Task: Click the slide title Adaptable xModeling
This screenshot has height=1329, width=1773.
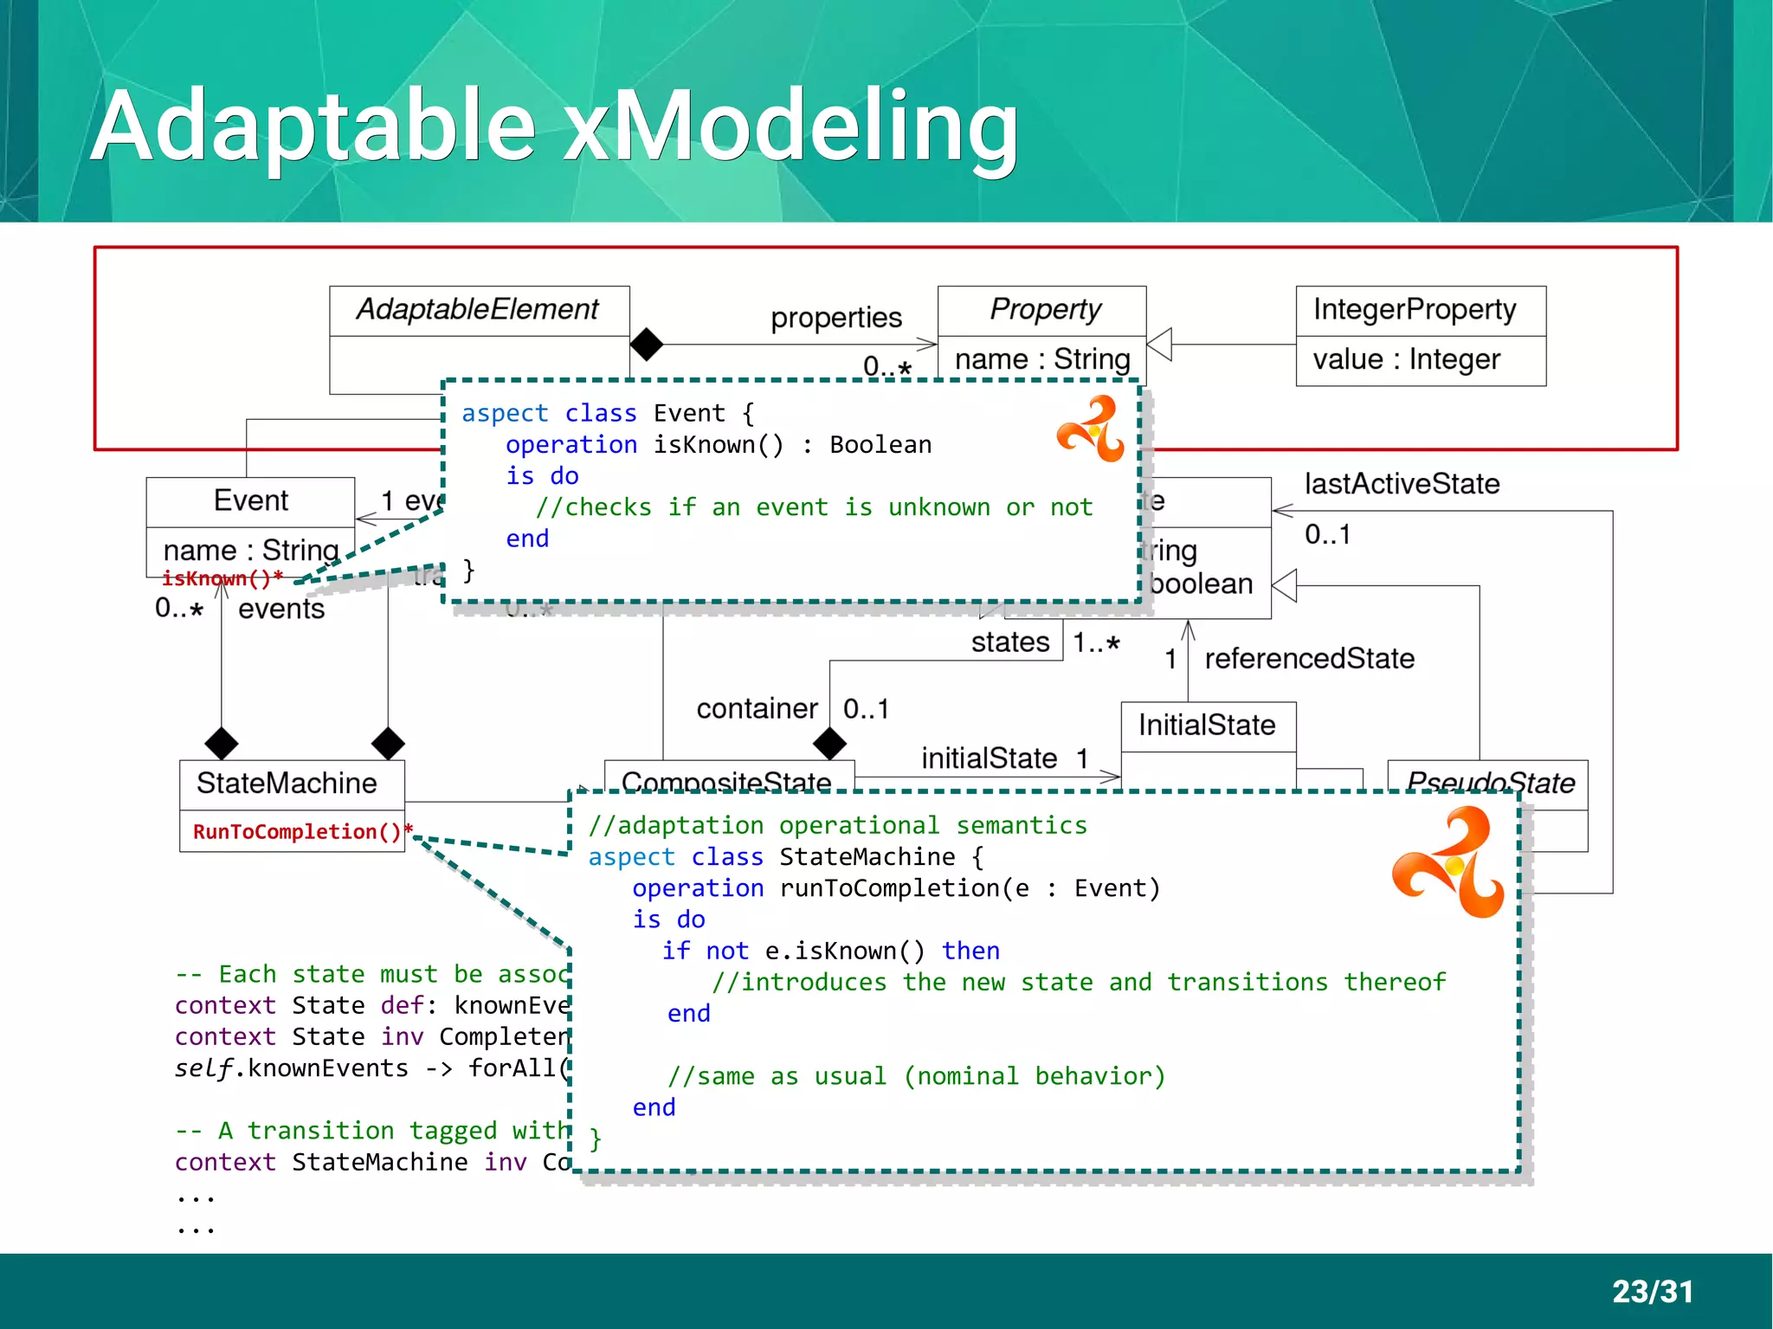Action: [554, 126]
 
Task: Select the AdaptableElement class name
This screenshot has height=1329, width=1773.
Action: [478, 309]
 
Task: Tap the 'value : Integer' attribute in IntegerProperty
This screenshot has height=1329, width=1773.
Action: [1406, 359]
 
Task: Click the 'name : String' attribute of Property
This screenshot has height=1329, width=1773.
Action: [1041, 359]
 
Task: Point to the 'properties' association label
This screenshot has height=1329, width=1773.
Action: [835, 318]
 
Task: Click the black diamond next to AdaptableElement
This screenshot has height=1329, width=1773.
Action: [646, 345]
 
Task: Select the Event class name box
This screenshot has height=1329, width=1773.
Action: [250, 500]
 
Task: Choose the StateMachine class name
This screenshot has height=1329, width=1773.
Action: [287, 784]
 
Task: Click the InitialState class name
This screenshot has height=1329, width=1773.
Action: [1207, 725]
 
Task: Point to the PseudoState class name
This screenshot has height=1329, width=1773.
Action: [1490, 783]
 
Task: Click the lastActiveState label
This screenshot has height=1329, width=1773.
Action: [1402, 483]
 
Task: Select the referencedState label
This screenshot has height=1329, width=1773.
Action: [1309, 658]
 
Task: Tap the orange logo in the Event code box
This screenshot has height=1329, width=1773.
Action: [1091, 429]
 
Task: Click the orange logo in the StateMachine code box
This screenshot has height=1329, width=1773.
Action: [1448, 862]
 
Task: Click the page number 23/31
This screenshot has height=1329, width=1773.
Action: [1652, 1291]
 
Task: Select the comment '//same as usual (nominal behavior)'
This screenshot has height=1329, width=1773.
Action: [916, 1076]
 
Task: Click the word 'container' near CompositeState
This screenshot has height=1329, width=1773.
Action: [757, 709]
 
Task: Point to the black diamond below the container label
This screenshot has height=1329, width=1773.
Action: [829, 743]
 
